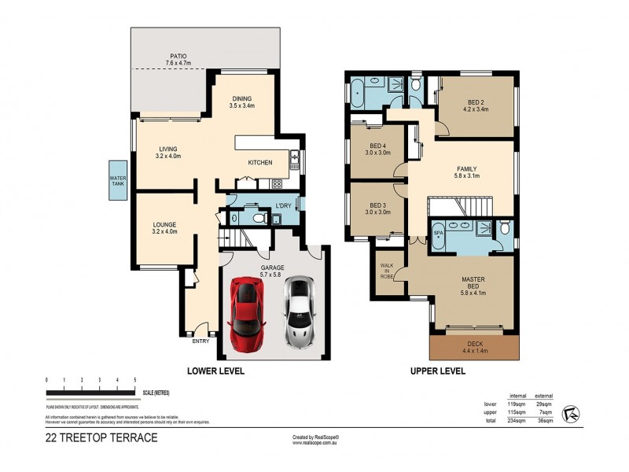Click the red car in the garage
click(x=246, y=314)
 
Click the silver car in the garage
click(x=298, y=313)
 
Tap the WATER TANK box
click(x=118, y=182)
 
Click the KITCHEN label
click(x=260, y=163)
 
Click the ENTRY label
click(x=200, y=341)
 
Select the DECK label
click(x=474, y=345)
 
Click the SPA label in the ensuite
click(x=439, y=234)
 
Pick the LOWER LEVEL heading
click(x=215, y=370)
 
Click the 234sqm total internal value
click(x=517, y=421)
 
